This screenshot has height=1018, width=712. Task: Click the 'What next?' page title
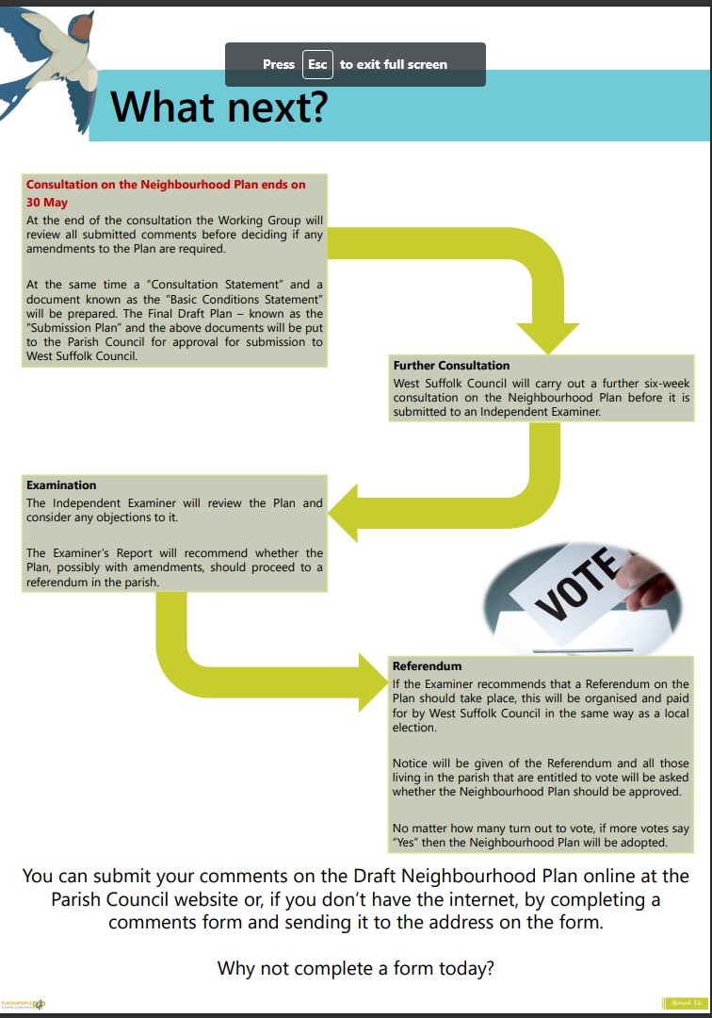tap(219, 107)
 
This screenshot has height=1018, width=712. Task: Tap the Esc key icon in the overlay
tap(317, 64)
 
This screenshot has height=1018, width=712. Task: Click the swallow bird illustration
tap(51, 57)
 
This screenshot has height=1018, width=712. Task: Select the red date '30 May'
tap(46, 202)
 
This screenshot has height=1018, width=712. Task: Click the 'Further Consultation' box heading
tap(451, 365)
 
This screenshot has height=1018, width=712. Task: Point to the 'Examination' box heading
tap(61, 484)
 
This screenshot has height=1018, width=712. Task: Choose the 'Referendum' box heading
tap(427, 666)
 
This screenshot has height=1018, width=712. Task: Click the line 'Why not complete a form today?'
tap(356, 968)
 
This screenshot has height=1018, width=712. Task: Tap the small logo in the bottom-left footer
tap(24, 1004)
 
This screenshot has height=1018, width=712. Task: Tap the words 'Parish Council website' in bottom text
tap(152, 898)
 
